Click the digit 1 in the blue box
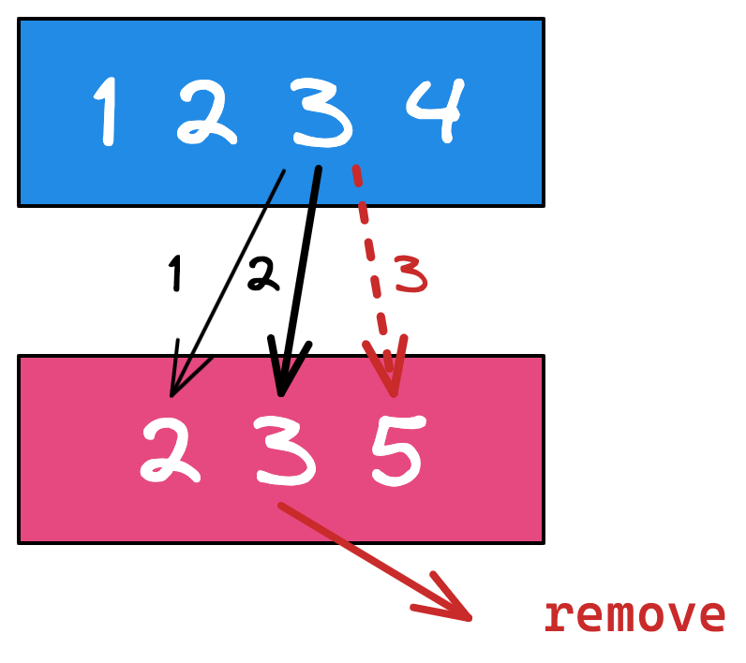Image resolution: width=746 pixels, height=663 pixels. [109, 111]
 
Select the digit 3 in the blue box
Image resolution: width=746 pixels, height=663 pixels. [320, 112]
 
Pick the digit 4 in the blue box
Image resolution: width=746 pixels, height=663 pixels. [434, 110]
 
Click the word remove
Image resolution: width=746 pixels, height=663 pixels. [634, 616]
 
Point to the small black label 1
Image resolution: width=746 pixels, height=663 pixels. [174, 274]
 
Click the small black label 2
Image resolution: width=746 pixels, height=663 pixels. [262, 274]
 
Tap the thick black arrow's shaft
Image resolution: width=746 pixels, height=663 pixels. [302, 262]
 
